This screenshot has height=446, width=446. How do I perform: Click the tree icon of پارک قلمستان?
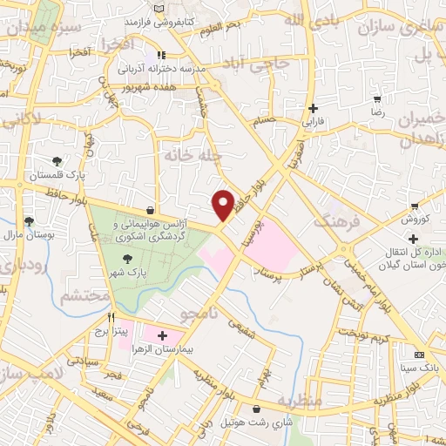tap(57, 161)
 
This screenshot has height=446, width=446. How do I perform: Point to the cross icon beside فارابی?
tap(314, 109)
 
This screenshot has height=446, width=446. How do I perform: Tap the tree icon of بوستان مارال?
tap(29, 222)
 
